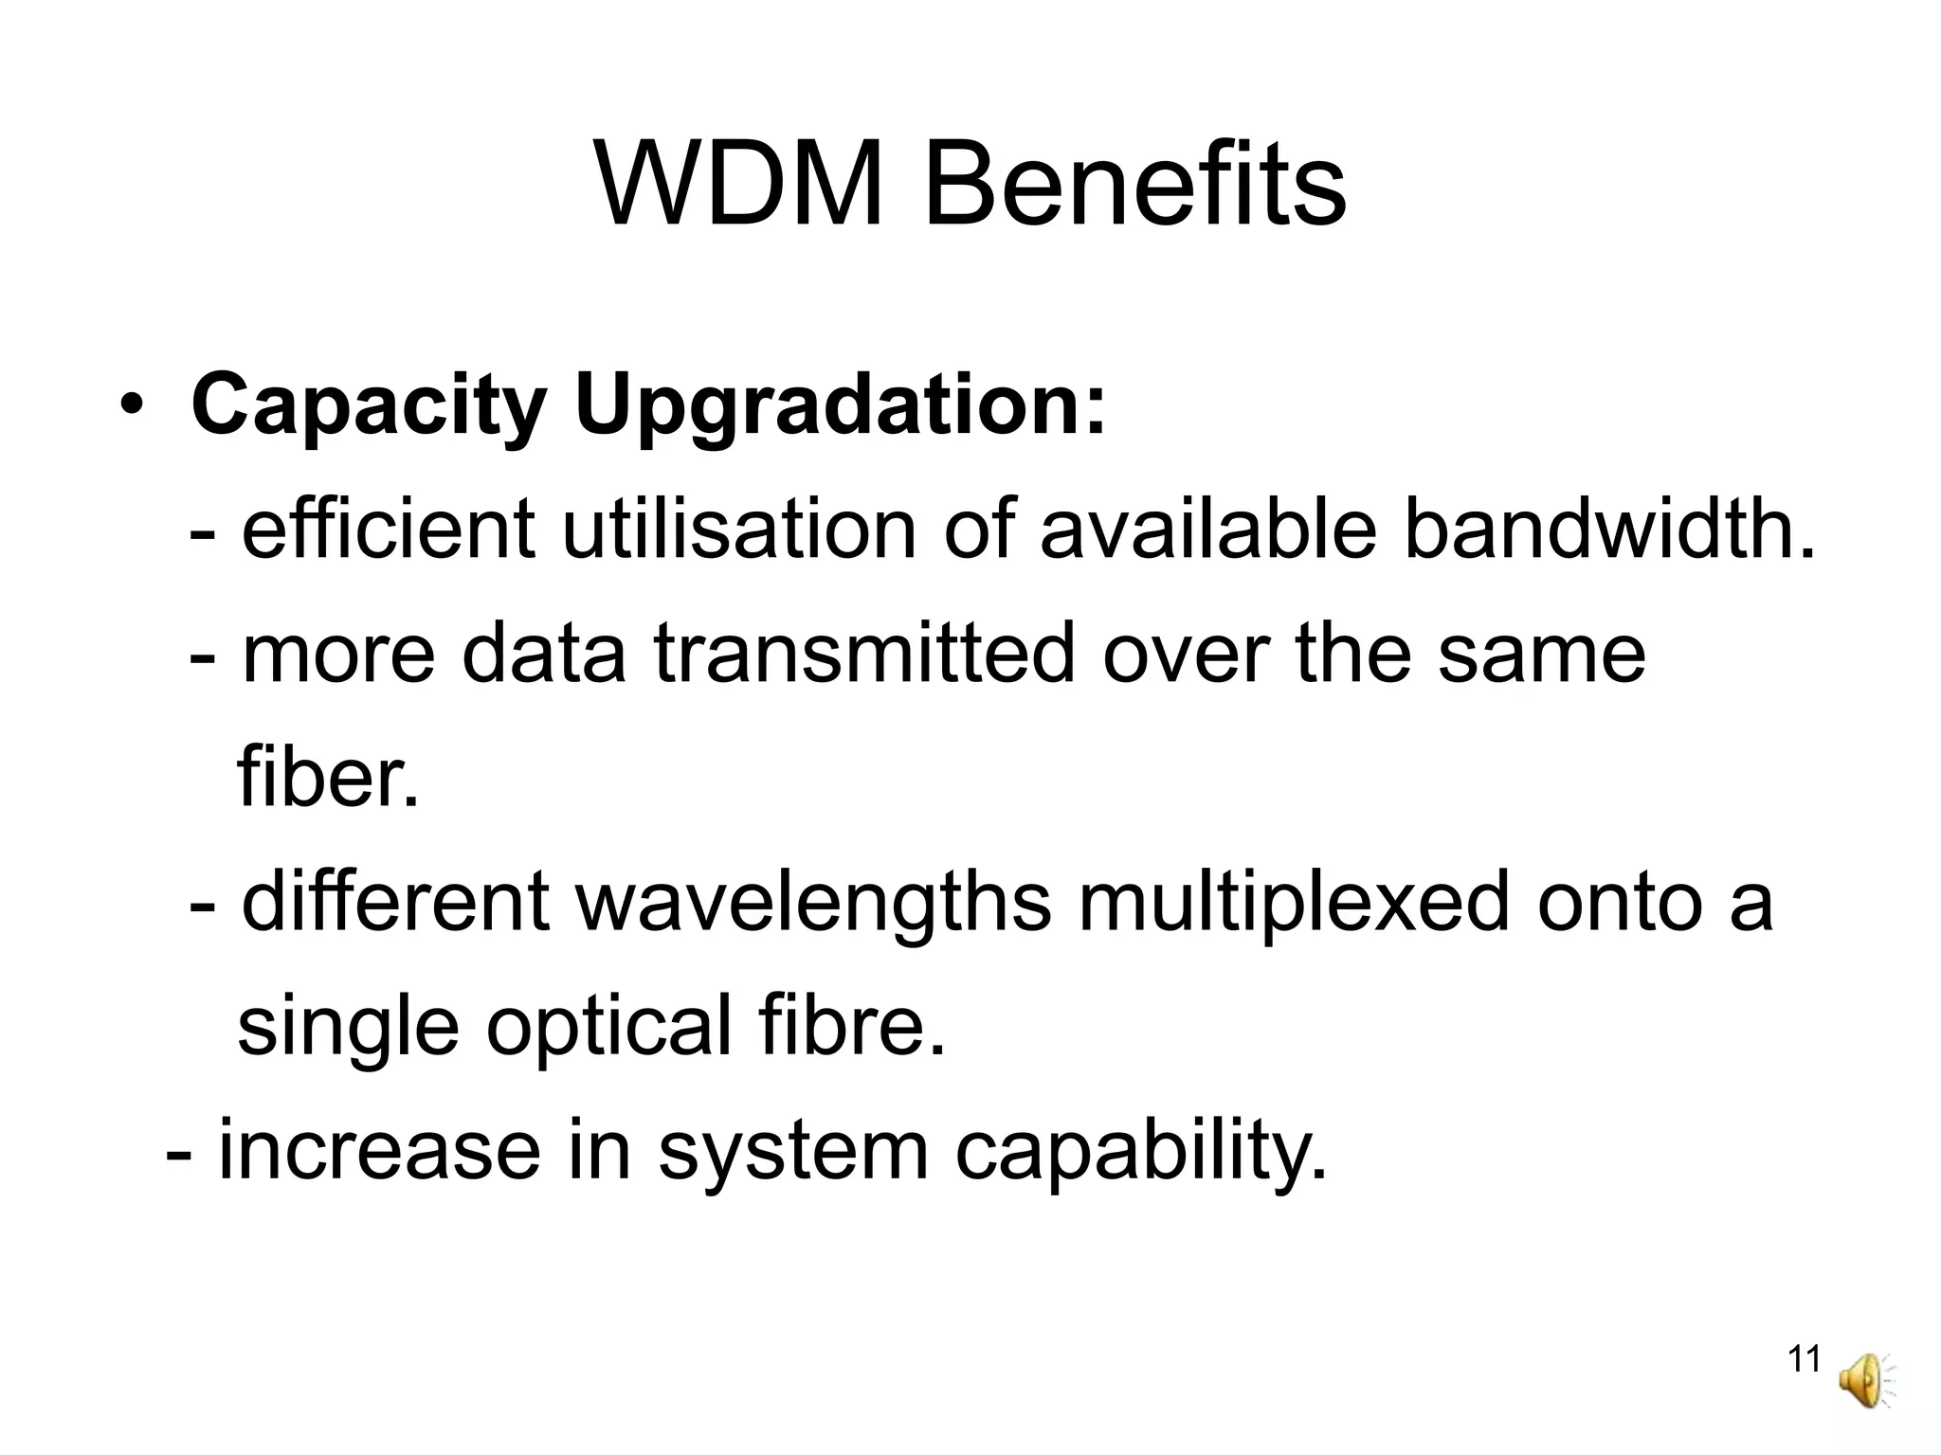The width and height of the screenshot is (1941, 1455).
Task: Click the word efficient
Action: pyautogui.click(x=389, y=530)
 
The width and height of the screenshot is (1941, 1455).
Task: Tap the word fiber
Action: pyautogui.click(x=328, y=777)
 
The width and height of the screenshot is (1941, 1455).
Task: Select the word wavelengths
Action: pyautogui.click(x=814, y=903)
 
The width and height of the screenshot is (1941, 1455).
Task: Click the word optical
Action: pyautogui.click(x=609, y=1027)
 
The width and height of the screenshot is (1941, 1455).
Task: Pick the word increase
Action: pyautogui.click(x=380, y=1151)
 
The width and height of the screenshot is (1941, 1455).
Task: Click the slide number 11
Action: pyautogui.click(x=1804, y=1359)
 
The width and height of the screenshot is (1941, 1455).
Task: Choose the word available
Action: pyautogui.click(x=1207, y=530)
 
